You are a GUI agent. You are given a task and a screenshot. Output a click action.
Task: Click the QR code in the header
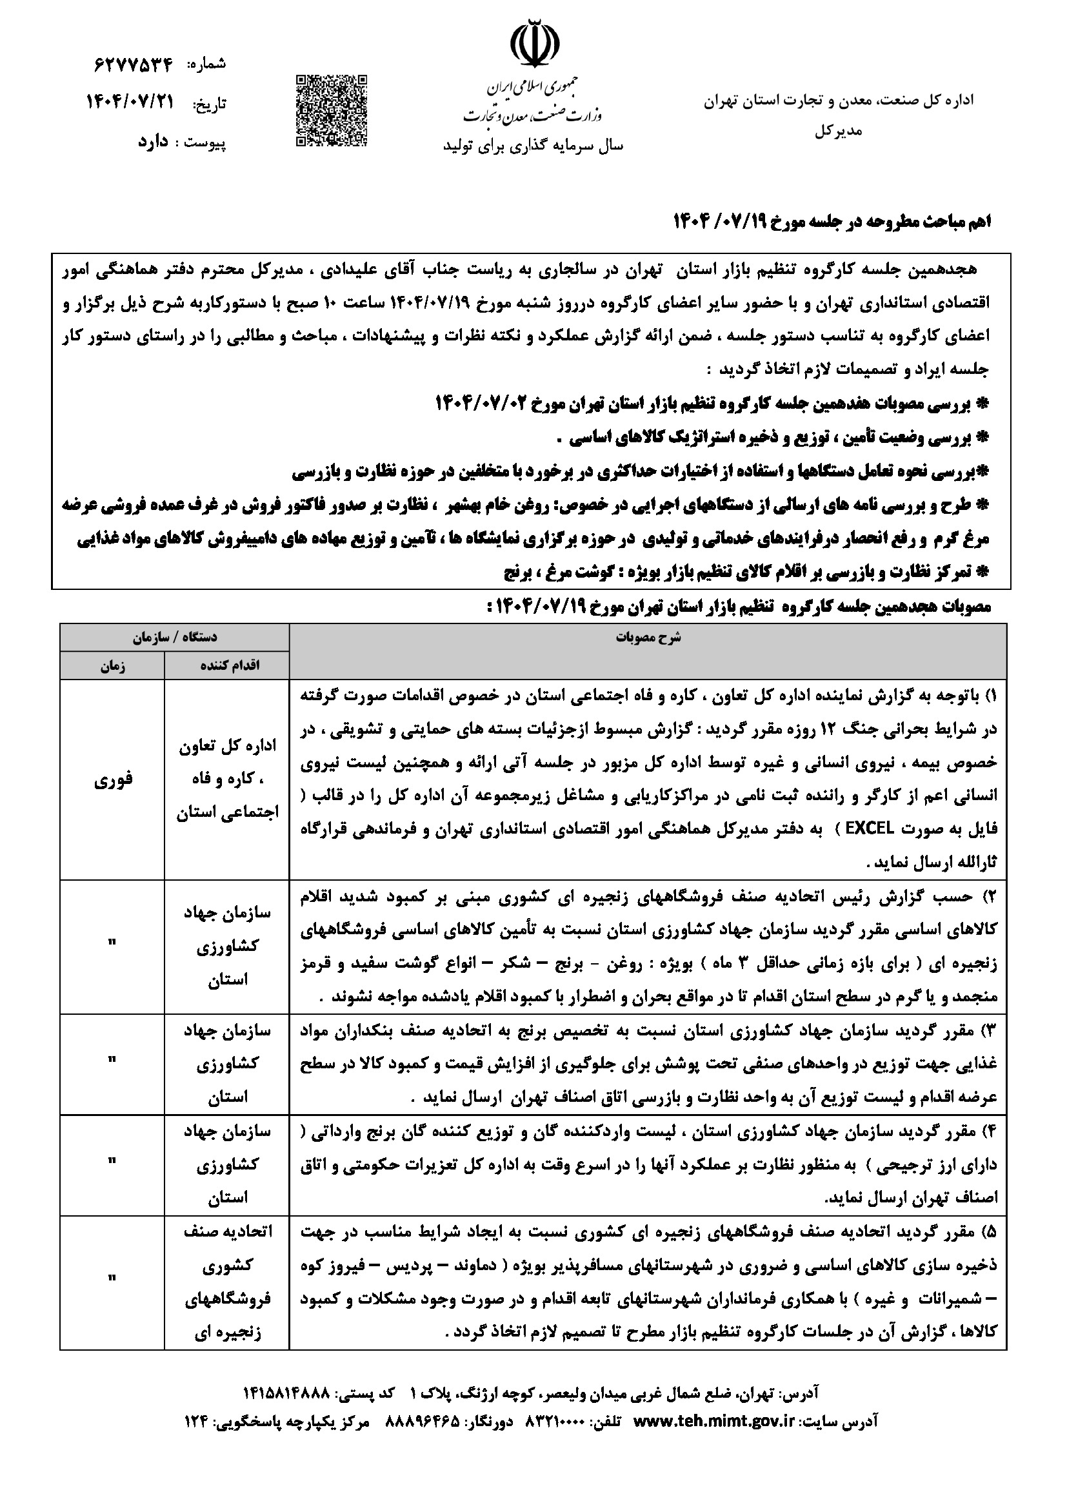[330, 110]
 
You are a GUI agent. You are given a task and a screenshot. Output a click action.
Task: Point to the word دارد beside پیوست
[153, 141]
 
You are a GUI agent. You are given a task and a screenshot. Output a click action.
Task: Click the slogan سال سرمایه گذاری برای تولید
[533, 146]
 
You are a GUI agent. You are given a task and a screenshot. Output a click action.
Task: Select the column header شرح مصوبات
[648, 638]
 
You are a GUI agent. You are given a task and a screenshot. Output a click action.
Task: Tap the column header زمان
[112, 665]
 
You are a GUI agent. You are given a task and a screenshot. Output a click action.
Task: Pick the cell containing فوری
[113, 779]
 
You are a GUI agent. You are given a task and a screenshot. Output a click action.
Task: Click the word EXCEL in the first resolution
[869, 829]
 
